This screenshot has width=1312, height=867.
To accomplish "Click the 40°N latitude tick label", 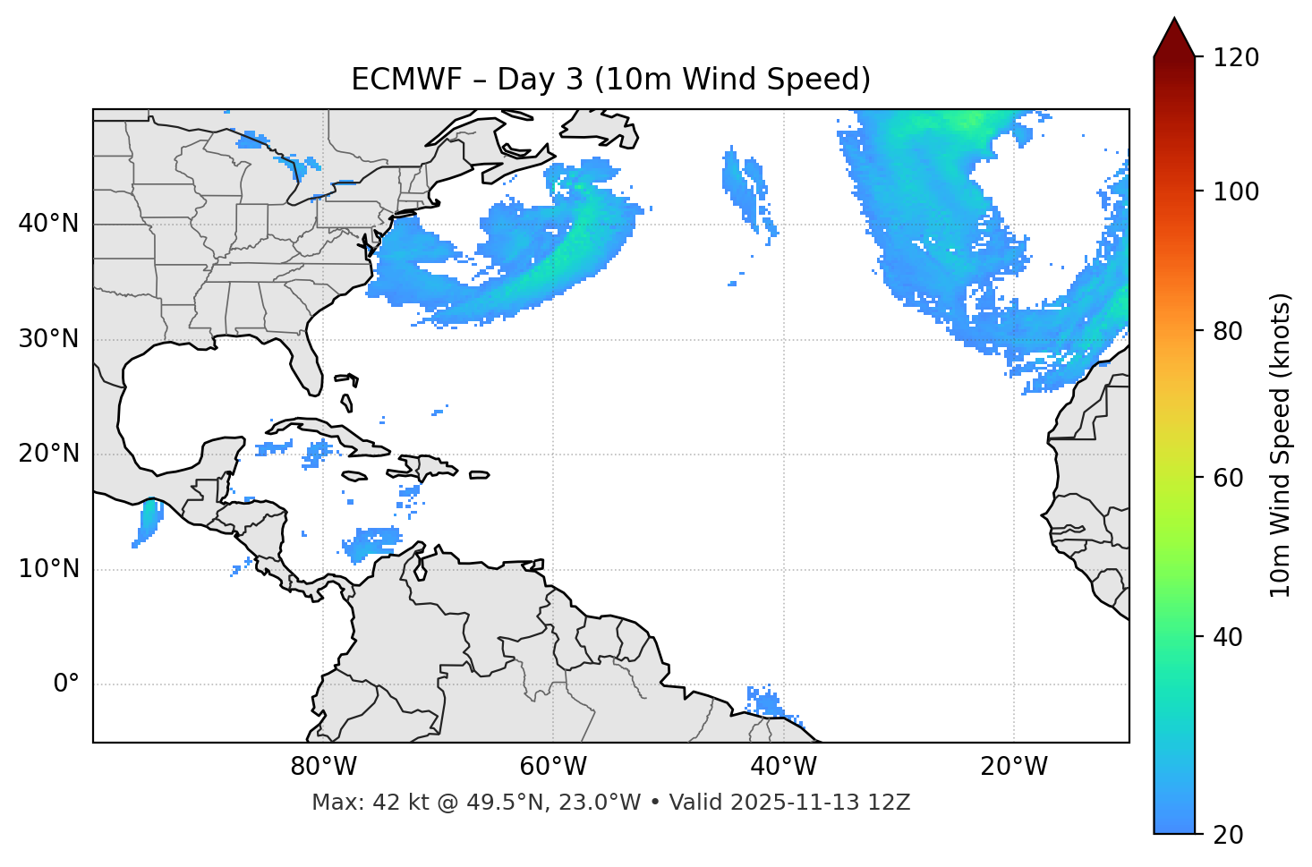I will pyautogui.click(x=48, y=224).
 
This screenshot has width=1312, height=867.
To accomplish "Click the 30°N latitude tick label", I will pyautogui.click(x=48, y=339).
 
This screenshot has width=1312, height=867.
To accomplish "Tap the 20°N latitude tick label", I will pyautogui.click(x=48, y=454).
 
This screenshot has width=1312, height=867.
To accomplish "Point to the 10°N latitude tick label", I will pyautogui.click(x=48, y=569).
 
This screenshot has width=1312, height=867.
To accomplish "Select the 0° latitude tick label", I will pyautogui.click(x=66, y=684).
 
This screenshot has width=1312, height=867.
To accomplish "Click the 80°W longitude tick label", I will pyautogui.click(x=323, y=767).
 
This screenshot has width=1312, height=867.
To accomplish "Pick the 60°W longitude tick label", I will pyautogui.click(x=553, y=767).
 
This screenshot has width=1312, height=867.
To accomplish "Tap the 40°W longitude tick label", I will pyautogui.click(x=783, y=767).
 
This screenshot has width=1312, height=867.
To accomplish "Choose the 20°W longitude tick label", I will pyautogui.click(x=1013, y=767).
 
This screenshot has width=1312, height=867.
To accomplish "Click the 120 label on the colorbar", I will pyautogui.click(x=1236, y=58).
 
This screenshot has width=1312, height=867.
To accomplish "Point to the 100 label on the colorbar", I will pyautogui.click(x=1236, y=191).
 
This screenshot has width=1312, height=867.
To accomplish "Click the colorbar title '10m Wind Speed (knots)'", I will pyautogui.click(x=1281, y=445).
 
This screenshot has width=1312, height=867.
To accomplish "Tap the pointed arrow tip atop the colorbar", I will pyautogui.click(x=1174, y=21).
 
